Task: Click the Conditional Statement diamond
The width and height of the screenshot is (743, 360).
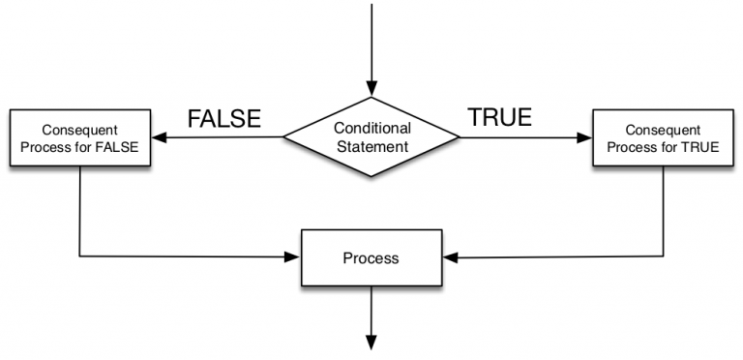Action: coord(371,136)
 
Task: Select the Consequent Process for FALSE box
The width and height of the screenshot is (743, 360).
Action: coord(78,137)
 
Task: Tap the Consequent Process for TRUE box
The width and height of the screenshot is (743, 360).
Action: coord(663,137)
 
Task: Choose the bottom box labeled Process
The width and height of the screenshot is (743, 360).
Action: coord(371,258)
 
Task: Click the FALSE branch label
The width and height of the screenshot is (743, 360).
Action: coord(223,119)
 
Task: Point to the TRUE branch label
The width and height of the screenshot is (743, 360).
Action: coord(499,118)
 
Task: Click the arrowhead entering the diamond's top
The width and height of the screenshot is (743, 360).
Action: coord(371,90)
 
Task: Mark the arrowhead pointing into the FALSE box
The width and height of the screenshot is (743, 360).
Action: coord(155,137)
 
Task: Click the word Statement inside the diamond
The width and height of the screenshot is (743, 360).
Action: coord(372,146)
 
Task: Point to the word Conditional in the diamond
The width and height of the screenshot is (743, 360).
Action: coord(372,128)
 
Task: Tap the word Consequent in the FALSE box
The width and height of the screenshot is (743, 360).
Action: coord(78,129)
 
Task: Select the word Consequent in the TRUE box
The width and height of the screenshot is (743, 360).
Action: coord(663,129)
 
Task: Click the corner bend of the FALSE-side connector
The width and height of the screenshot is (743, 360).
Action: coord(78,257)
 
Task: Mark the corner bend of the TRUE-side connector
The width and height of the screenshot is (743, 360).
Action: coord(664,257)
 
